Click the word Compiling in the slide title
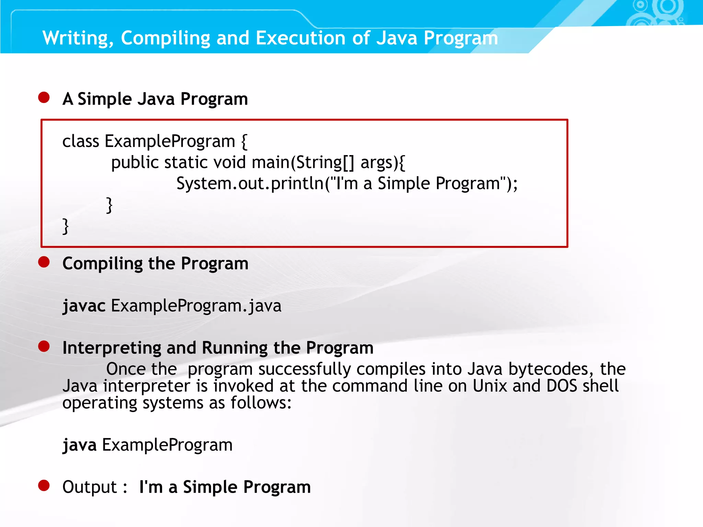(x=165, y=38)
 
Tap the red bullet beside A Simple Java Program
(x=44, y=97)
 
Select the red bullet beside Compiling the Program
(x=44, y=262)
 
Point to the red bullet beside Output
(x=44, y=485)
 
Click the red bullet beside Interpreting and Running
(x=44, y=346)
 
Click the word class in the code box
(x=81, y=141)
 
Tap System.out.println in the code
(x=250, y=183)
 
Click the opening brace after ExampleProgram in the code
(x=244, y=141)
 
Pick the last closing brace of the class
(x=66, y=226)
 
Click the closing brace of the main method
(x=109, y=205)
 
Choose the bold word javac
(x=84, y=306)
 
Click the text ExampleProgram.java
(x=196, y=305)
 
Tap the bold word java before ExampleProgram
(x=80, y=445)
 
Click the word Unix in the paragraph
(x=489, y=386)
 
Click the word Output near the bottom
(x=90, y=487)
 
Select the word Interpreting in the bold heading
(x=112, y=348)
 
